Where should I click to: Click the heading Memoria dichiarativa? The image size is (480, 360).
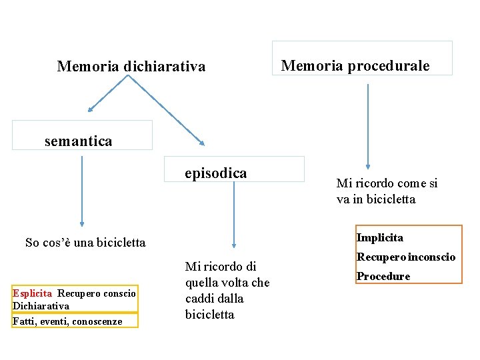click(x=131, y=67)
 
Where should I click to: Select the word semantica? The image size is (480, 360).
click(x=78, y=141)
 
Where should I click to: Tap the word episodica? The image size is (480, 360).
click(x=216, y=173)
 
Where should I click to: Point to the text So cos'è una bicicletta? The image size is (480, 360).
click(x=85, y=243)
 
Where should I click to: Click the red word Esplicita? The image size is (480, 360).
click(x=32, y=293)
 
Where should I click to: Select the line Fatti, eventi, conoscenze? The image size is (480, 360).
click(x=67, y=321)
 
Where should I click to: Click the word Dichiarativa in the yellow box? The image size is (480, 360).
click(x=41, y=306)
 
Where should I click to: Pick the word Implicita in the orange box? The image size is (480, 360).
click(x=379, y=237)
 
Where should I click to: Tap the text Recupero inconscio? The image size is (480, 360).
click(x=405, y=257)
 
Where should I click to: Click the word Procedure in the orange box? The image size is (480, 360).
click(x=383, y=276)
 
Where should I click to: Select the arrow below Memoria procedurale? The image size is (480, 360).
click(x=368, y=127)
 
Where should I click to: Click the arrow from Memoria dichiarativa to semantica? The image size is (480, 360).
click(x=108, y=93)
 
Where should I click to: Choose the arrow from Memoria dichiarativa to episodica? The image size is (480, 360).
click(x=167, y=110)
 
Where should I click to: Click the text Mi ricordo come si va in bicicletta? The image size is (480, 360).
click(x=387, y=191)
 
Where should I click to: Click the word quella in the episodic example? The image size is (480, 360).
click(x=203, y=283)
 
